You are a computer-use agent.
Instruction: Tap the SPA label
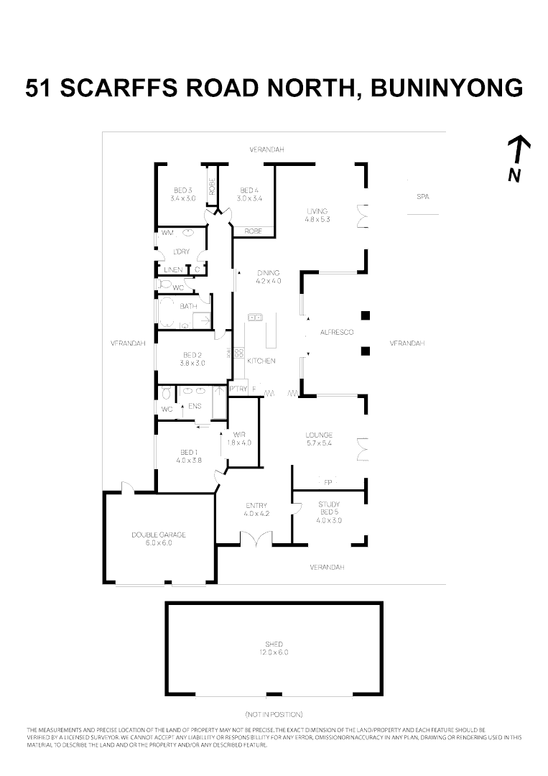423,196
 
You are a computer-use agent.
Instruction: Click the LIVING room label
317,214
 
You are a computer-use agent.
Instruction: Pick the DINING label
268,277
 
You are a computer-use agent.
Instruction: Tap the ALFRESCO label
337,332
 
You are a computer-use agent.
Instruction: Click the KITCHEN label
261,361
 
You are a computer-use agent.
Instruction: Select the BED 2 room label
192,359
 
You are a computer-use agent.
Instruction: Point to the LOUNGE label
318,438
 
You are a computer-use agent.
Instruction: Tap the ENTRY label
256,509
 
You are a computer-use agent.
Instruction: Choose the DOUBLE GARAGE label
158,538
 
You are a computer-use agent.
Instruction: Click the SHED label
274,648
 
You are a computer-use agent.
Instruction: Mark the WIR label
241,438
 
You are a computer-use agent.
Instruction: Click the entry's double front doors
256,540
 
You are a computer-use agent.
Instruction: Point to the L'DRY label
181,251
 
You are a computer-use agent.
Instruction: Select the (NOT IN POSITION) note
274,714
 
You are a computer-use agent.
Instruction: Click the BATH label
188,306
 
